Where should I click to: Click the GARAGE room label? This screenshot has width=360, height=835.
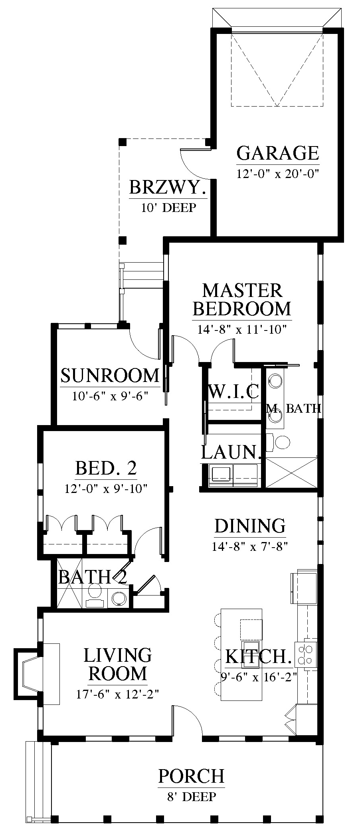278,153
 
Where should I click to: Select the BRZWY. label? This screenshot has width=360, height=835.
168,187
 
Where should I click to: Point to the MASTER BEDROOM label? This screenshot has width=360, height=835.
242,299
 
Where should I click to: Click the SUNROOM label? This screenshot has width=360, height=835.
110,376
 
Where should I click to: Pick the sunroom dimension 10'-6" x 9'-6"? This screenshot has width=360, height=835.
110,396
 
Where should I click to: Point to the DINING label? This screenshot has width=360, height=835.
250,526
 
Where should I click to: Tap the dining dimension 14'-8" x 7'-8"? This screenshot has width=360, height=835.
250,546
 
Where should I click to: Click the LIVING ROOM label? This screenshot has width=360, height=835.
118,664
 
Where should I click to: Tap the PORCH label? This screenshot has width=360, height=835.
191,776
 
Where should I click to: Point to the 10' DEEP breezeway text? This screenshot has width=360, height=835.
168,208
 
